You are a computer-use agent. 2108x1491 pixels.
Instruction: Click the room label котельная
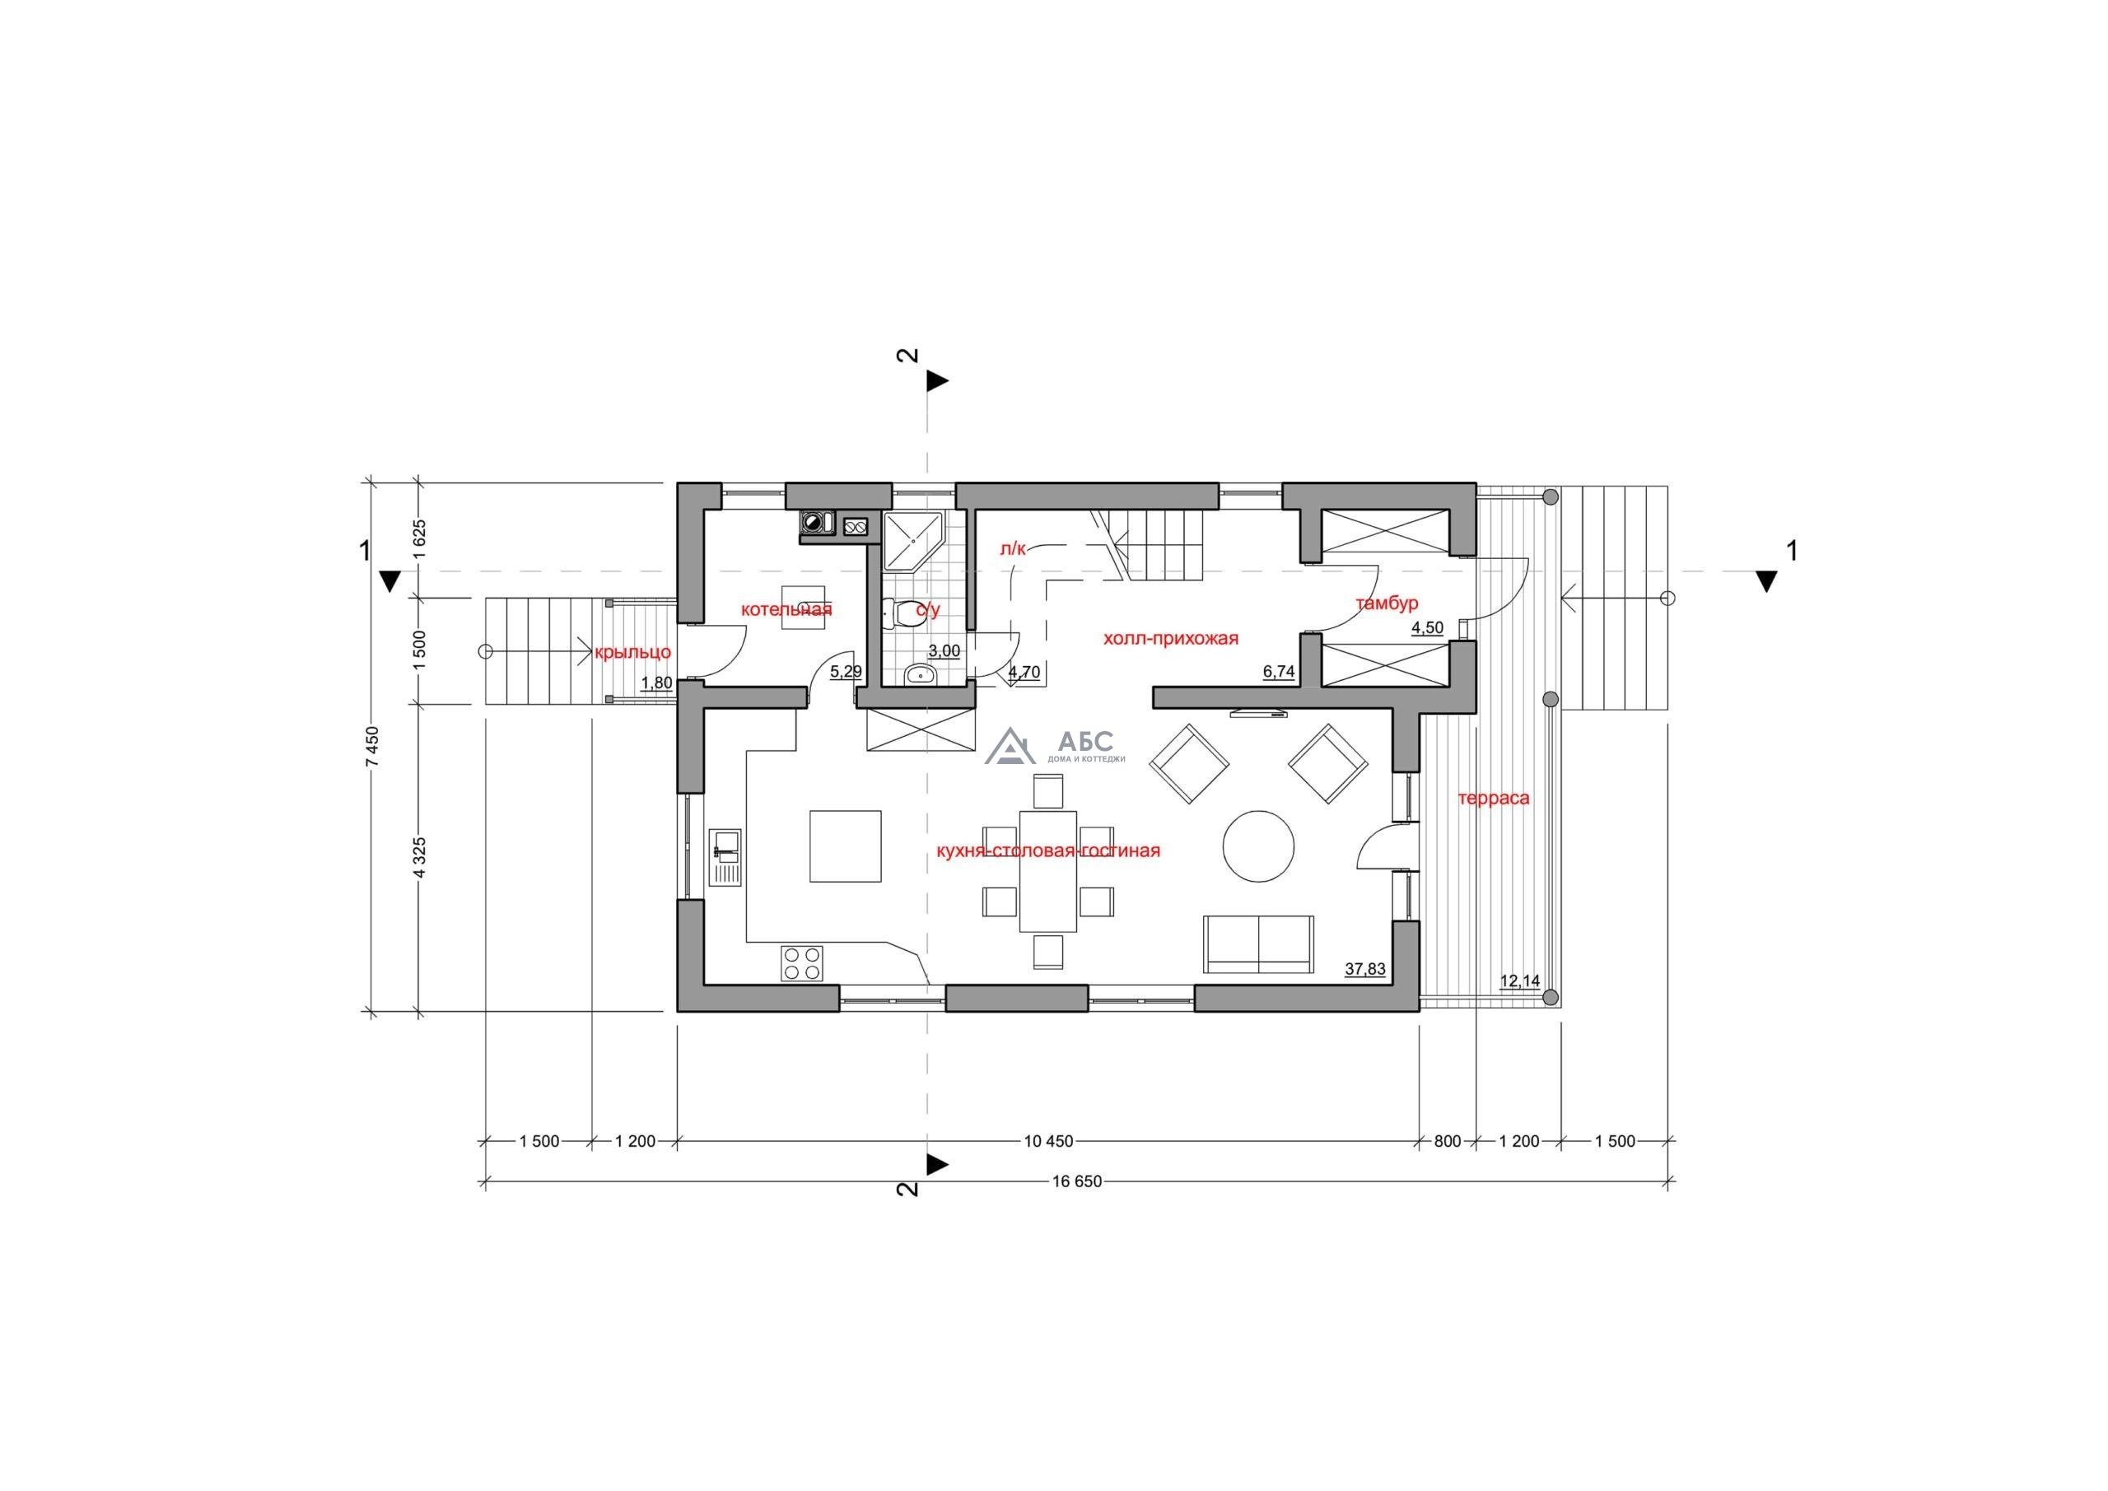[x=787, y=609]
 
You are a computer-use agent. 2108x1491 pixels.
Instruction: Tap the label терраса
[x=1494, y=798]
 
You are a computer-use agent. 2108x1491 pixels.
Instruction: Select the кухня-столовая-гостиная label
[x=1047, y=851]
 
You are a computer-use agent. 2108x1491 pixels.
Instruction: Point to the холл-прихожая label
[x=1171, y=639]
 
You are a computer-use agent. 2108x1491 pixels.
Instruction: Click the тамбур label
[x=1387, y=603]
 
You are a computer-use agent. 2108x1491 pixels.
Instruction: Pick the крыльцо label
[x=632, y=653]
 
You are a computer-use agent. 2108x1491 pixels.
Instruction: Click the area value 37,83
[x=1365, y=968]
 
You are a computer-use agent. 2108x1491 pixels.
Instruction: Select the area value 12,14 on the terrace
[x=1519, y=981]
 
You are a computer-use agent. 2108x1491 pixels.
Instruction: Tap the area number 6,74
[x=1279, y=671]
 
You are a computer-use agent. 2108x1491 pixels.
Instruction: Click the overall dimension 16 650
[x=1077, y=1181]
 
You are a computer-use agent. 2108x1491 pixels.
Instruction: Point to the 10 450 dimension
[x=1048, y=1141]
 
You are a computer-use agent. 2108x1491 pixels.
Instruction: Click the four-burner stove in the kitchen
[x=801, y=964]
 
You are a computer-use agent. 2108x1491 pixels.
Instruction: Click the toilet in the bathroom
[x=905, y=613]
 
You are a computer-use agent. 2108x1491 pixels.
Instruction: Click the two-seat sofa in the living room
[x=1258, y=943]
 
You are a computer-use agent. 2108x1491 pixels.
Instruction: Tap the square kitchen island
[x=846, y=846]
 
